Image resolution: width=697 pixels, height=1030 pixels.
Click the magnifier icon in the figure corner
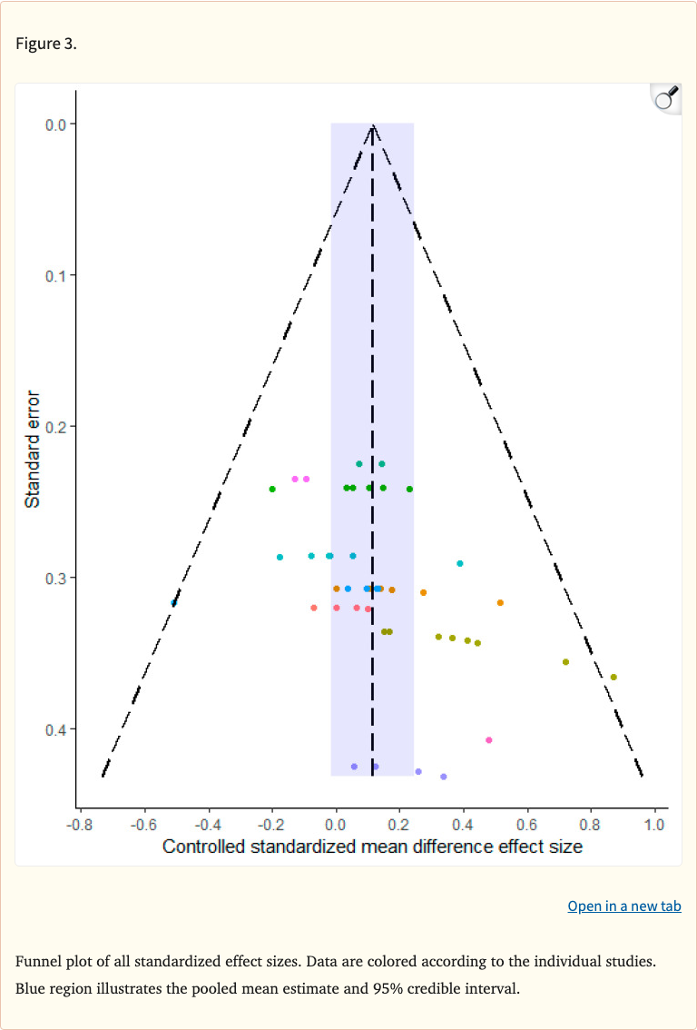tap(666, 98)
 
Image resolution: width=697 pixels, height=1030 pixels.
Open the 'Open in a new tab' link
tap(623, 906)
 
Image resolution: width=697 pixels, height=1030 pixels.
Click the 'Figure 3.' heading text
tap(46, 44)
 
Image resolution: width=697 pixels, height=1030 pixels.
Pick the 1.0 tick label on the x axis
tap(654, 825)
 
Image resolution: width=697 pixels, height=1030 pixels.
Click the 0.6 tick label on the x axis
tap(527, 825)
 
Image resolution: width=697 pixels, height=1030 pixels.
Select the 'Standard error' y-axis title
tap(33, 449)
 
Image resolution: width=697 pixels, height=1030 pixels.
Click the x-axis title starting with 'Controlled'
tap(372, 847)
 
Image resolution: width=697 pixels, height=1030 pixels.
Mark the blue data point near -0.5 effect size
tap(173, 602)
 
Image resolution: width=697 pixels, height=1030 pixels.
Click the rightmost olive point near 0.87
tap(614, 677)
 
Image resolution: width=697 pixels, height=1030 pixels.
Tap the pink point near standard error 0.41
tap(488, 740)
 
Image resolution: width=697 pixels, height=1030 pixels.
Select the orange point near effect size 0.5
tap(500, 602)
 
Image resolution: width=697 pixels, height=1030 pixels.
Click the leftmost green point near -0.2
tap(272, 489)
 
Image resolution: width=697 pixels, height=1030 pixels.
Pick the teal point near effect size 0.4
tap(460, 563)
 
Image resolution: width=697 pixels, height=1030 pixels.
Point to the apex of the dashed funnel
tap(372, 125)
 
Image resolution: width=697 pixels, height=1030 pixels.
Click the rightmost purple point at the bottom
tap(443, 777)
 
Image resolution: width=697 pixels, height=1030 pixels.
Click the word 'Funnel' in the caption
tap(37, 962)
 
